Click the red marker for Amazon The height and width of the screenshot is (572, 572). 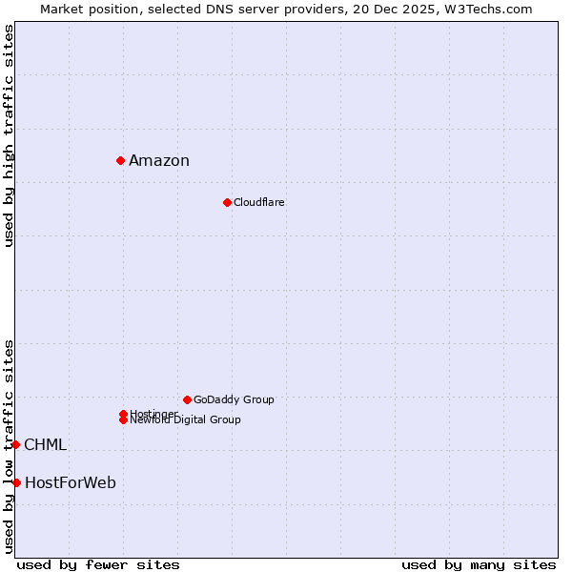pyautogui.click(x=121, y=160)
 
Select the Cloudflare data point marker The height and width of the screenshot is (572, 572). pyautogui.click(x=227, y=202)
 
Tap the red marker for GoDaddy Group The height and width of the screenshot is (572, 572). pyautogui.click(x=187, y=399)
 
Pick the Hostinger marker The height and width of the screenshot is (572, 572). pyautogui.click(x=123, y=414)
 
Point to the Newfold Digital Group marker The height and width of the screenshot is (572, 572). pyautogui.click(x=123, y=420)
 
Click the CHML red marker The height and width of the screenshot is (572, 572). pyautogui.click(x=16, y=444)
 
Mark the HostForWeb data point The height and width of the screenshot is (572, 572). pyautogui.click(x=16, y=482)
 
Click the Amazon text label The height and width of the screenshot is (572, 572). pyautogui.click(x=159, y=160)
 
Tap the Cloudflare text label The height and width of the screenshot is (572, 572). pyautogui.click(x=259, y=202)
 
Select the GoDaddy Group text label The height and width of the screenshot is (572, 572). pyautogui.click(x=234, y=399)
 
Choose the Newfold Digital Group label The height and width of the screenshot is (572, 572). pyautogui.click(x=186, y=420)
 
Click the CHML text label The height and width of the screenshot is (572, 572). pyautogui.click(x=45, y=445)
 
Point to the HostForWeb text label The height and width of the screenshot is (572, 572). pyautogui.click(x=71, y=483)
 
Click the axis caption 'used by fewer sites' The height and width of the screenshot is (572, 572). pyautogui.click(x=98, y=564)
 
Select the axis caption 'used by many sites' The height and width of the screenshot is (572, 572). pyautogui.click(x=479, y=564)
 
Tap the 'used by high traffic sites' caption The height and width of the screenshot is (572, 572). pyautogui.click(x=10, y=135)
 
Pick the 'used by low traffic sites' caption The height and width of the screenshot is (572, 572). pyautogui.click(x=10, y=445)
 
